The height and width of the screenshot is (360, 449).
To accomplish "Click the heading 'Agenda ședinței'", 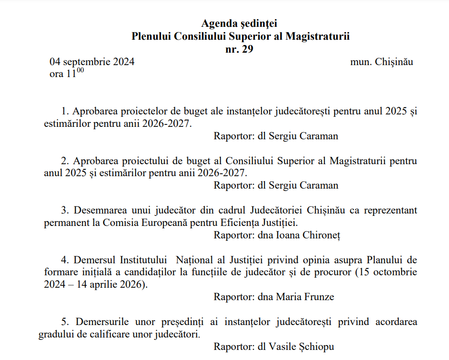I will tap(239, 23).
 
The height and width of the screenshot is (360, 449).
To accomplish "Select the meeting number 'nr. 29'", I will tap(239, 49).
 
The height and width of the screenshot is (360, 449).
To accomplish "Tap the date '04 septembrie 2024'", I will tap(92, 62).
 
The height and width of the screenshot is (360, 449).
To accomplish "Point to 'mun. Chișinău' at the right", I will tap(381, 62).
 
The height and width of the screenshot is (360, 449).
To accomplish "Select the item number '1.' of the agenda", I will tap(65, 111).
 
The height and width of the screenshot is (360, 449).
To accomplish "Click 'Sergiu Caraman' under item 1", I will tap(303, 136).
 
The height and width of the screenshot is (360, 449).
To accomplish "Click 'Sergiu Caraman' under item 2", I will tap(303, 185).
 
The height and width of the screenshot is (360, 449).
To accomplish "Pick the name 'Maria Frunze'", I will tap(305, 297).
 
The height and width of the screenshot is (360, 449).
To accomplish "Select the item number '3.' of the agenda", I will tap(65, 210).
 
